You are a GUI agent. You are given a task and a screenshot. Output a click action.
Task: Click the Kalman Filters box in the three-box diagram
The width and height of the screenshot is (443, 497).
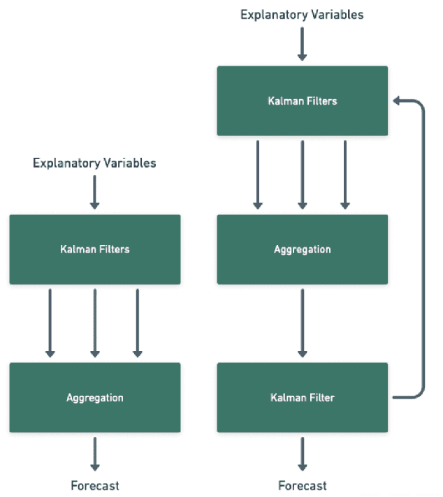[x=302, y=101]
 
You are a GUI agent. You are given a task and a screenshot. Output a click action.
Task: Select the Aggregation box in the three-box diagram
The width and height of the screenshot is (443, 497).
[x=302, y=249]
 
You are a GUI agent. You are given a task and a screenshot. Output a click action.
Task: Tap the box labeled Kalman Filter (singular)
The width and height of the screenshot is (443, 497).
[x=302, y=397]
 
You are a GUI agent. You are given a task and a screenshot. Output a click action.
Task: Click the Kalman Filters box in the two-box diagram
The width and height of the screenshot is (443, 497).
[x=95, y=249]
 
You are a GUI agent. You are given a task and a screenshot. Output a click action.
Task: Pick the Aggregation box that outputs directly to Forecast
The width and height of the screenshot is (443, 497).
[x=95, y=397]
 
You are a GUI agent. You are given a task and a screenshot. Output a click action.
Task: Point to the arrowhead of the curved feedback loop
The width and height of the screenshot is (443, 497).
[x=398, y=101]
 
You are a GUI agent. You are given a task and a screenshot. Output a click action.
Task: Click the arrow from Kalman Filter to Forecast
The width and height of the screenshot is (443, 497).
[x=302, y=454]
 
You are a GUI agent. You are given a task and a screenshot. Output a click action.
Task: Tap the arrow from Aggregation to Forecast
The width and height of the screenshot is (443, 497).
[x=95, y=454]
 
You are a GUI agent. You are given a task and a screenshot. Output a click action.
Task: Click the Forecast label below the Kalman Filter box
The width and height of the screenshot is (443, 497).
[x=302, y=485]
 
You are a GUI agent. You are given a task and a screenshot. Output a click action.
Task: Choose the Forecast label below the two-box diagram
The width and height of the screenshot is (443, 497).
[x=95, y=485]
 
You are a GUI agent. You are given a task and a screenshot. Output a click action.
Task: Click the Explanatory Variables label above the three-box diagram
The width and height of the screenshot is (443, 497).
[x=302, y=14]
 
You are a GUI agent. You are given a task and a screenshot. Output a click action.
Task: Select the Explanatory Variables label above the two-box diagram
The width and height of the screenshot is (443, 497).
[x=95, y=163]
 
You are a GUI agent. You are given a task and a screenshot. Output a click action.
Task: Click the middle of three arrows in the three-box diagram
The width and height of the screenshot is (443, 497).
[x=302, y=175]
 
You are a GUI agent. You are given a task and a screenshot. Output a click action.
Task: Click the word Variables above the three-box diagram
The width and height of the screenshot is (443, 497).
[x=335, y=14]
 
